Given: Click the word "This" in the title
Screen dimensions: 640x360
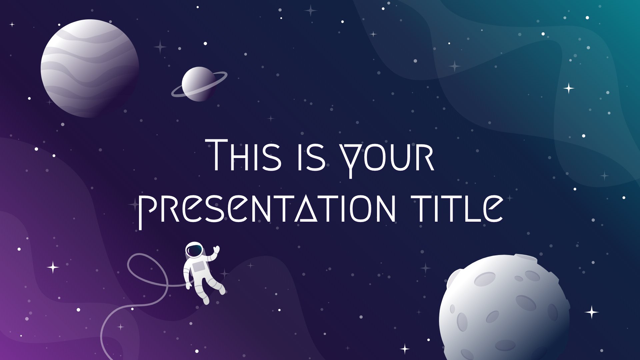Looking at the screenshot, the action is click(x=243, y=155).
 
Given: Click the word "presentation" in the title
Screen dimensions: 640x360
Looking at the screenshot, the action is click(x=267, y=209).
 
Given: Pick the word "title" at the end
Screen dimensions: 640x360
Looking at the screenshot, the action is click(x=457, y=208).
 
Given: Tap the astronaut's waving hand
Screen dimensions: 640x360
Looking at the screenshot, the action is click(x=216, y=250).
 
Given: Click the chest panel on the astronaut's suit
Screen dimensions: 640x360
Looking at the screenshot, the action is click(x=199, y=267).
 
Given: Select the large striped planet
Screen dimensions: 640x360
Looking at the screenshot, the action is click(x=90, y=68).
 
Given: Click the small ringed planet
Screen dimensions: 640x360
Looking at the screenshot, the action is click(x=199, y=84).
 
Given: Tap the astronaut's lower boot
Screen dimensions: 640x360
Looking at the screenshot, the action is click(x=206, y=299).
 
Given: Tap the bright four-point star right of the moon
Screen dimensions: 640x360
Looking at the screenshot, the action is click(x=592, y=312).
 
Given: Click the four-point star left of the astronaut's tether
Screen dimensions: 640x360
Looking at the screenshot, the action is click(x=53, y=267).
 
